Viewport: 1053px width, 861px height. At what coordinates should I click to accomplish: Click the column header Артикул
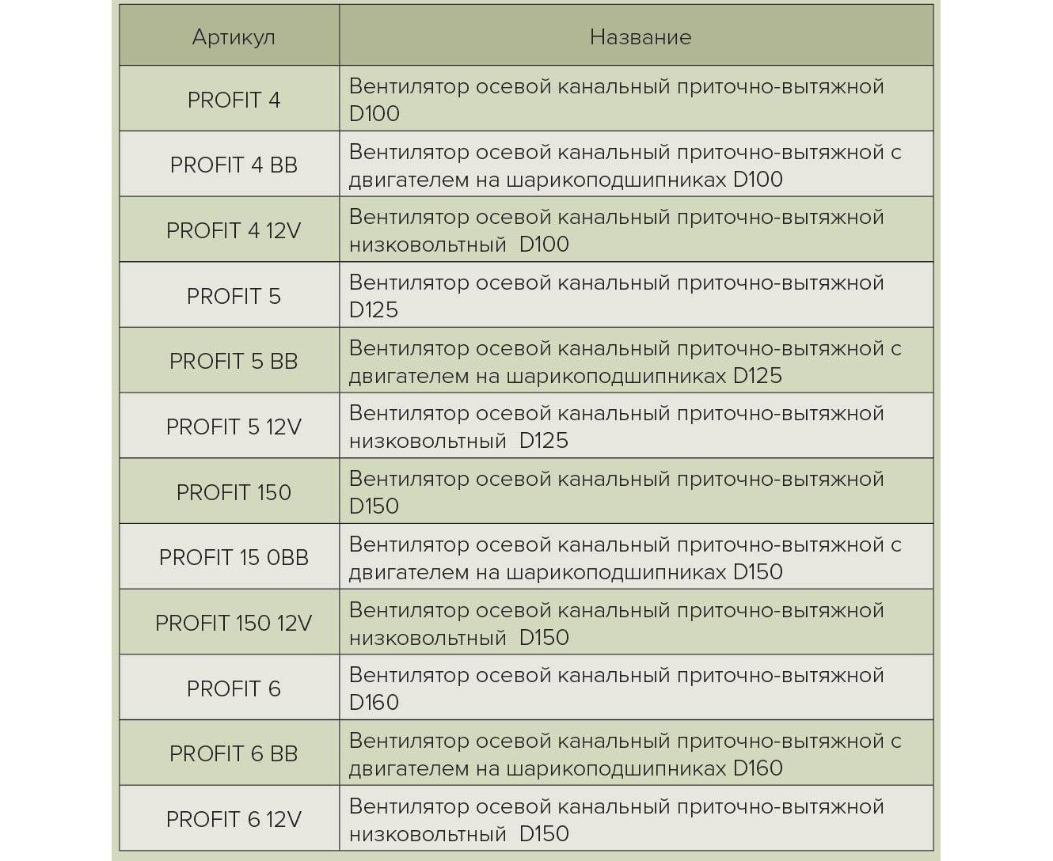pos(234,37)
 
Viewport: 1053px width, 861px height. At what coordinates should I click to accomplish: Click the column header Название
pos(640,37)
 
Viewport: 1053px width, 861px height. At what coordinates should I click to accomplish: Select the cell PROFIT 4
pos(234,100)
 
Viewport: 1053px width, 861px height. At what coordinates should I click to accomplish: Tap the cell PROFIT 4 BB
pos(234,165)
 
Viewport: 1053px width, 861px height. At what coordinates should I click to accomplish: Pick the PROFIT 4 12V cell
pos(234,230)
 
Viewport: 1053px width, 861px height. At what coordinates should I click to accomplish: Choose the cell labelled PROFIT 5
pos(234,296)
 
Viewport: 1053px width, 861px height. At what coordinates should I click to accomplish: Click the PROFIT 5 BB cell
pos(234,361)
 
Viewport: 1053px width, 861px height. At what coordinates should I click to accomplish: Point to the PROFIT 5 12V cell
pos(234,427)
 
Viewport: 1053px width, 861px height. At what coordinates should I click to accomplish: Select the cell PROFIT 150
pos(234,492)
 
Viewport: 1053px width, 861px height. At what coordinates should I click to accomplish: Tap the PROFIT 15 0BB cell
pos(234,557)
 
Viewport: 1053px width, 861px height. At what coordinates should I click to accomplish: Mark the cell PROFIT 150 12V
pos(234,623)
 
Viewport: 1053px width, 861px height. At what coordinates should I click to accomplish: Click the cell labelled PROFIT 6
pos(234,688)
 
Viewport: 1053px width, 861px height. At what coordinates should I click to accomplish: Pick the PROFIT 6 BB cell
pos(234,753)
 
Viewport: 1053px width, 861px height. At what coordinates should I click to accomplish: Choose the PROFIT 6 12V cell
pos(234,819)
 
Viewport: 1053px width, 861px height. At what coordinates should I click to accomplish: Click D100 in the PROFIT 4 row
pos(374,114)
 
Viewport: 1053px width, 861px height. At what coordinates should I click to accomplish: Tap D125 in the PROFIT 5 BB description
pos(757,376)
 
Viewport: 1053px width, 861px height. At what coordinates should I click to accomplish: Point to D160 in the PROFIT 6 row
pos(374,703)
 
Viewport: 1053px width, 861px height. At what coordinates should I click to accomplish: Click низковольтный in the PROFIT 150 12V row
pos(427,638)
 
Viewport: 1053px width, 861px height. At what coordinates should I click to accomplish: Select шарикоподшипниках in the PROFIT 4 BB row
pos(615,180)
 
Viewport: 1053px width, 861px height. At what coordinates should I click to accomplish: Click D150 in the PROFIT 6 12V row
pos(544,834)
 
